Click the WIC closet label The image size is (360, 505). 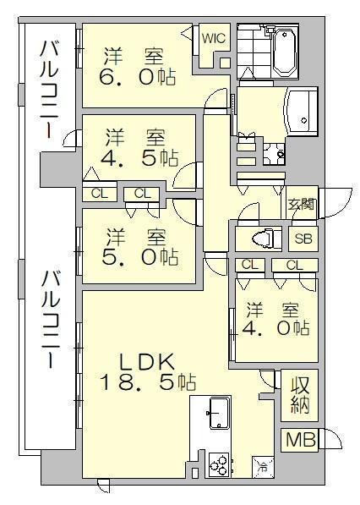coord(214,39)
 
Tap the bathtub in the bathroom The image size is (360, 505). coord(285,52)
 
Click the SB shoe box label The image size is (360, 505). coord(303,239)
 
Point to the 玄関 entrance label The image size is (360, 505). coord(301,204)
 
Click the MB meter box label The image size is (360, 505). coord(301,440)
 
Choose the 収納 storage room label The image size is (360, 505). coord(301,395)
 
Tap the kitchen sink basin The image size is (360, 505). coord(220,413)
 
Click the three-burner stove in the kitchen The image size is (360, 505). coord(219,464)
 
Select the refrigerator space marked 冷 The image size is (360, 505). coord(263,467)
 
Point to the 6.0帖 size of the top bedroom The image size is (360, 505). coord(138,78)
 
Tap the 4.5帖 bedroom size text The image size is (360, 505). coord(139,158)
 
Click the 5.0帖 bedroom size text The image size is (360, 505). coord(140,256)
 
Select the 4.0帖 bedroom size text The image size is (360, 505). coord(276,329)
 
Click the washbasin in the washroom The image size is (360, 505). coord(302,111)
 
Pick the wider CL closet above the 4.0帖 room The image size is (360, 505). coord(295,266)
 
